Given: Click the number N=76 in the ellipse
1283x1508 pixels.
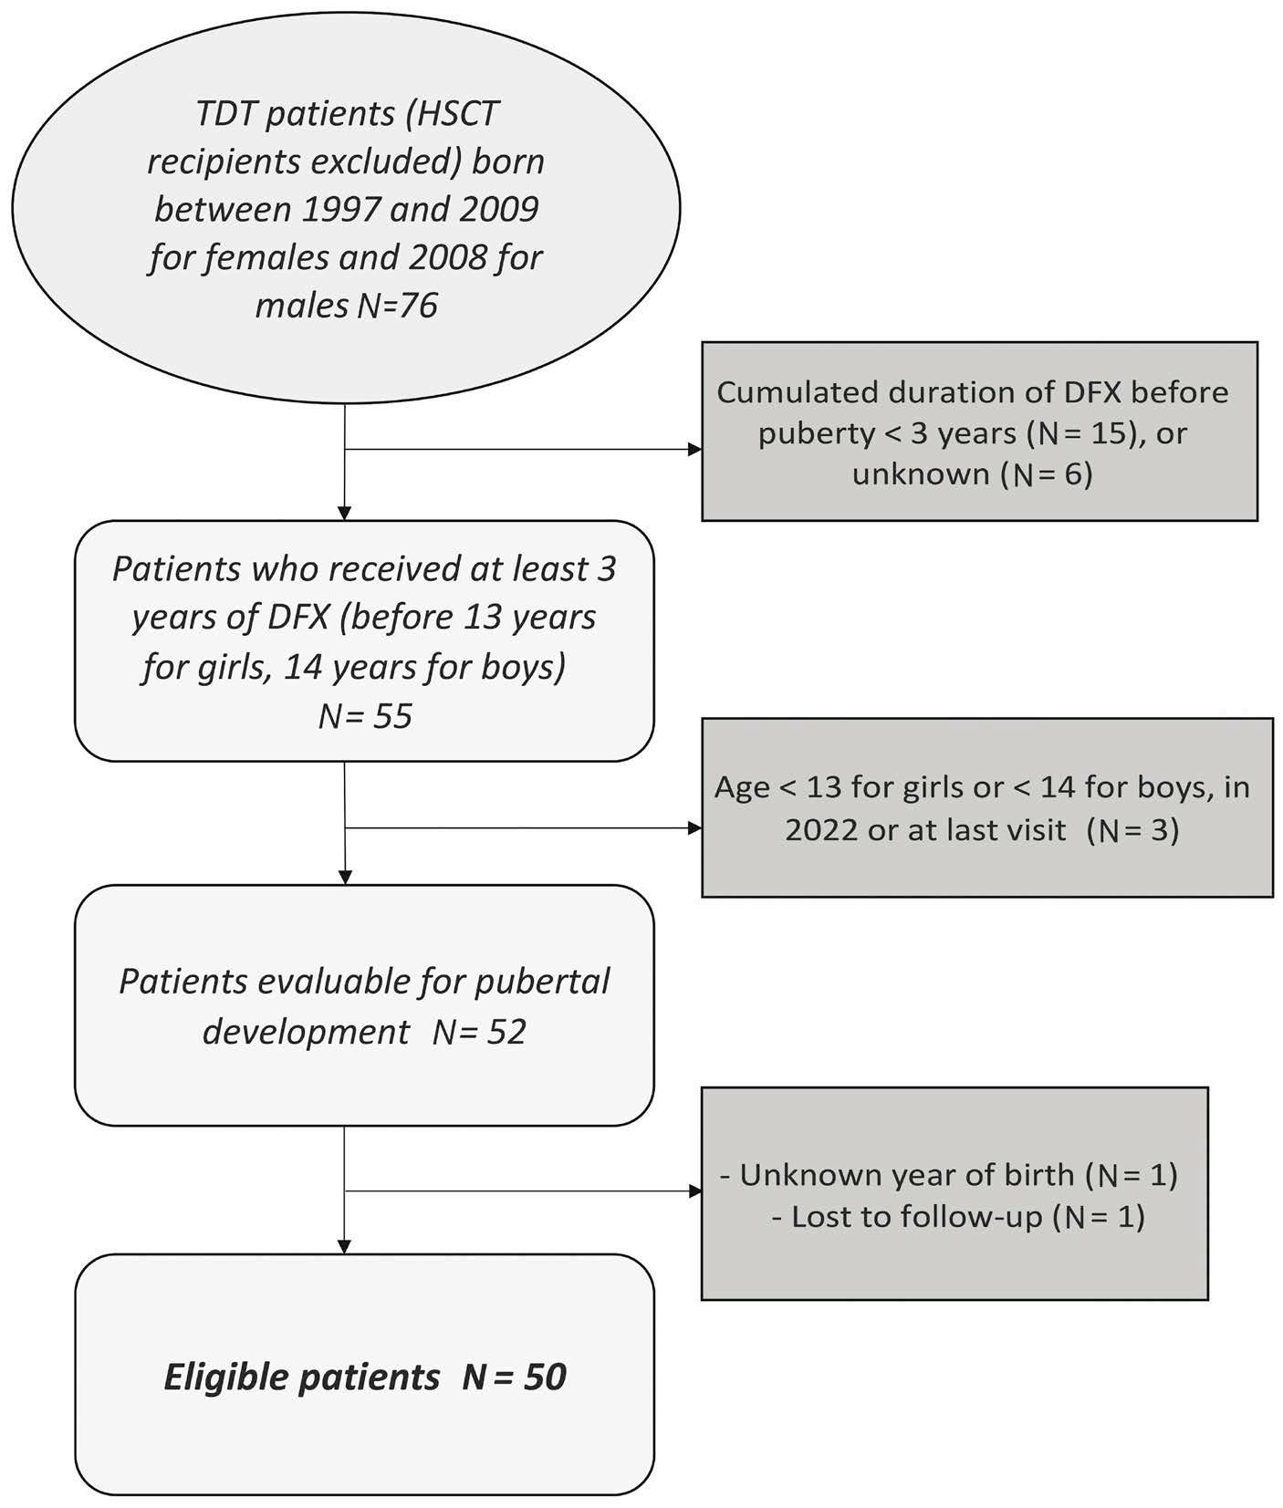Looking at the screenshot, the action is (397, 306).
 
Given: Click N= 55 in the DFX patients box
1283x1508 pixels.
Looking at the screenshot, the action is (365, 716).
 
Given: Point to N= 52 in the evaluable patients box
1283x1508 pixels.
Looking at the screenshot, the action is (479, 1032).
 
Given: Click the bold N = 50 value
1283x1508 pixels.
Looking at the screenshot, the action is (515, 1377).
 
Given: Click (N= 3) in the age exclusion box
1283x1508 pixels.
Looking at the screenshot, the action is (1133, 830).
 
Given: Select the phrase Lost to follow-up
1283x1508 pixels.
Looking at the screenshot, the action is (916, 1217).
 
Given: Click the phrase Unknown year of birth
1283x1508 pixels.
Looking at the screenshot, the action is (907, 1175).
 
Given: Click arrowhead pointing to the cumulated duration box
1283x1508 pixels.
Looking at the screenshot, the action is (695, 450).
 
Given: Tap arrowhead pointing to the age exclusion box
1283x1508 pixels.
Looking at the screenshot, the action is (695, 828).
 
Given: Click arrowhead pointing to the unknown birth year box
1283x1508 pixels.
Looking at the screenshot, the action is (695, 1191).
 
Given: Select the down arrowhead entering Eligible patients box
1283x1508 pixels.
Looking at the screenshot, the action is (345, 1246).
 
